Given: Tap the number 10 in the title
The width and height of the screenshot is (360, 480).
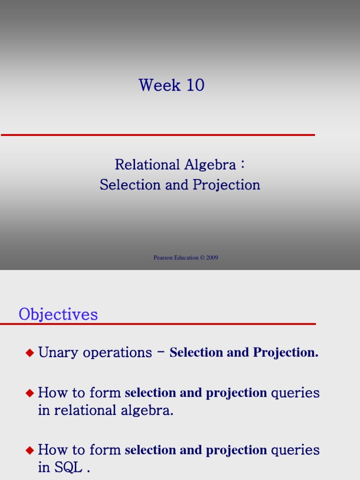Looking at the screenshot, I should point(195,85).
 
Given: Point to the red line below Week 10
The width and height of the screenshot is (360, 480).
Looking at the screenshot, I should point(157,135).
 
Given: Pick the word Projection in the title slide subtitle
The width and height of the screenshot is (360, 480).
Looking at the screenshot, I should point(230,185).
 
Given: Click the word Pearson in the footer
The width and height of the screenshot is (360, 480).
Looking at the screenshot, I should point(164,258).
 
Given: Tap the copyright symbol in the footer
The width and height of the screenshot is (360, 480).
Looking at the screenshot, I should point(202,258).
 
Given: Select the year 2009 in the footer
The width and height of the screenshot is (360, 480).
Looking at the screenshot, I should point(212,258).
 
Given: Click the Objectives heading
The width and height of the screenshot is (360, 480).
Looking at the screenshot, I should point(58,315).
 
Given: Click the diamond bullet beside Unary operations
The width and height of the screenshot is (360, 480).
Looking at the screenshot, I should point(30,353).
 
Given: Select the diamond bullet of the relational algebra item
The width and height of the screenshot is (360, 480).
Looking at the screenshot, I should point(30,393).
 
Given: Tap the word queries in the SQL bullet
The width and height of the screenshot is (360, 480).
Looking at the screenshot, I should point(295,450).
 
